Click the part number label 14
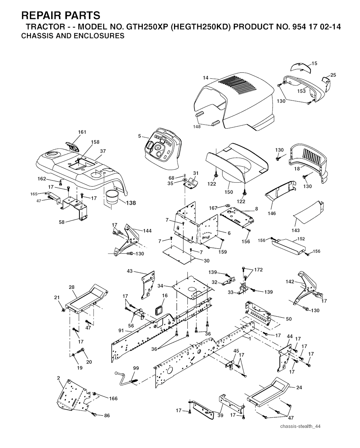(205, 78)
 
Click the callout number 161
(82, 132)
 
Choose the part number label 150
(229, 192)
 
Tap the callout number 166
(113, 398)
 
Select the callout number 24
(299, 388)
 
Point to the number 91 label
(121, 331)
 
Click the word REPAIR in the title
(41, 15)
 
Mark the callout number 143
(296, 230)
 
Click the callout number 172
(258, 270)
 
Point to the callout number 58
(62, 222)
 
